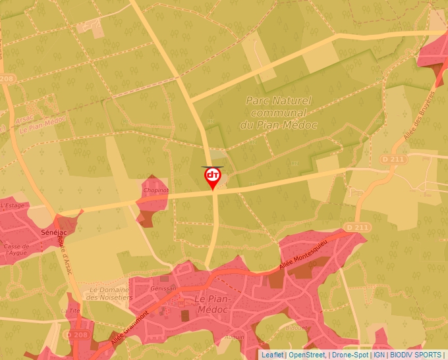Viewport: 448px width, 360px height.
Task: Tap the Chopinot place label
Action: [x=155, y=190]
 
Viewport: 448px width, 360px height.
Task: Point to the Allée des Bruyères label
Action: [x=410, y=122]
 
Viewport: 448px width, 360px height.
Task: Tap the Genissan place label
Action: [x=164, y=288]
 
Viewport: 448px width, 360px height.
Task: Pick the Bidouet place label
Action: [x=298, y=326]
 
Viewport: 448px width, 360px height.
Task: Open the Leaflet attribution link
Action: [x=272, y=355]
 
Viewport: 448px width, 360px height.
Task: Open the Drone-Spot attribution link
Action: [x=350, y=355]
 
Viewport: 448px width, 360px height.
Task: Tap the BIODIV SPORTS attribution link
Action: [x=416, y=355]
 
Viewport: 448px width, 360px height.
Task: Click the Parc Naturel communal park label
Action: [x=278, y=113]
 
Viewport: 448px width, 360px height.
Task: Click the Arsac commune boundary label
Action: [x=24, y=118]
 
